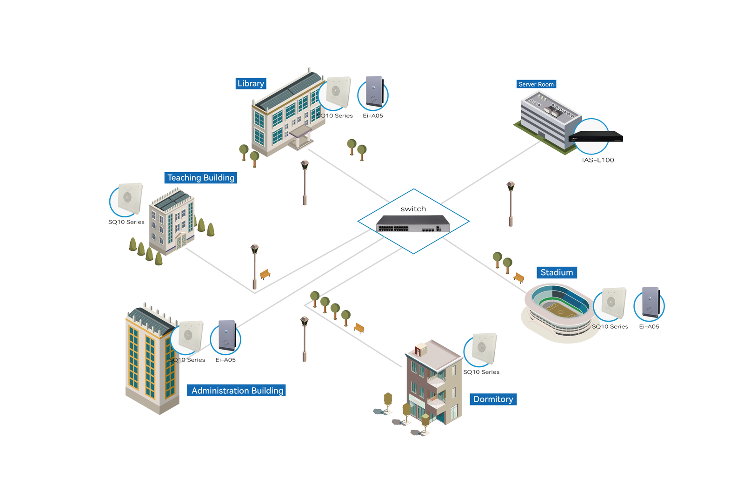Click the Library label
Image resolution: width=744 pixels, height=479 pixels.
tap(251, 83)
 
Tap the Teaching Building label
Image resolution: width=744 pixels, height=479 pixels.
tap(200, 178)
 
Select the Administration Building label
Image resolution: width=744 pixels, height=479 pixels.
tap(236, 391)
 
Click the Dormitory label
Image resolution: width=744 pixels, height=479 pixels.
tap(493, 399)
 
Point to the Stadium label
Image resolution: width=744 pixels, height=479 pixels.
tap(557, 273)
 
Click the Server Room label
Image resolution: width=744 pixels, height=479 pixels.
tap(536, 84)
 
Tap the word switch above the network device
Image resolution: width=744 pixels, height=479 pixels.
tap(413, 209)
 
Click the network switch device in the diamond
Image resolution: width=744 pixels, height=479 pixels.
tap(413, 223)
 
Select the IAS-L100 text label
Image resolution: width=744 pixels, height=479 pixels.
tap(598, 160)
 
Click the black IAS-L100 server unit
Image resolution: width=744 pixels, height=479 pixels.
tap(596, 136)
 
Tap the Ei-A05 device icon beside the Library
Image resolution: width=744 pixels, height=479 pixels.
tap(375, 91)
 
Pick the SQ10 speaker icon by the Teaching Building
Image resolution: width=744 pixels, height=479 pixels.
tap(130, 198)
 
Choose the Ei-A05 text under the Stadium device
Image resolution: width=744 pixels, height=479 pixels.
tap(649, 326)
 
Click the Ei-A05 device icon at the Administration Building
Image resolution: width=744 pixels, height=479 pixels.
tap(227, 336)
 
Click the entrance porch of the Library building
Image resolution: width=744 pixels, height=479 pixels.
tap(300, 137)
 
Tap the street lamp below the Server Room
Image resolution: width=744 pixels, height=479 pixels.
tap(511, 204)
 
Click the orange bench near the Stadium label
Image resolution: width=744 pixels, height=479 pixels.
tap(519, 277)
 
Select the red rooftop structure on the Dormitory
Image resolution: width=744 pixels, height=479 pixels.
tap(420, 350)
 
